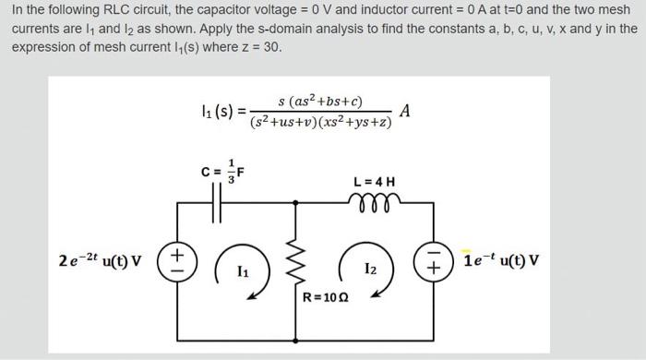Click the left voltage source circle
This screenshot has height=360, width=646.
click(x=175, y=258)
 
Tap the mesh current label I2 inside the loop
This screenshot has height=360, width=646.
click(x=369, y=269)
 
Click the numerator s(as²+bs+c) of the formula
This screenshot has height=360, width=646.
click(x=320, y=101)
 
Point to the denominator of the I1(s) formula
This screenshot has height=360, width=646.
click(x=320, y=121)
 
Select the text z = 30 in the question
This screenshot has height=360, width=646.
click(x=262, y=46)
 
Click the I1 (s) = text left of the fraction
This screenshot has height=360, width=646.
click(x=222, y=112)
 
